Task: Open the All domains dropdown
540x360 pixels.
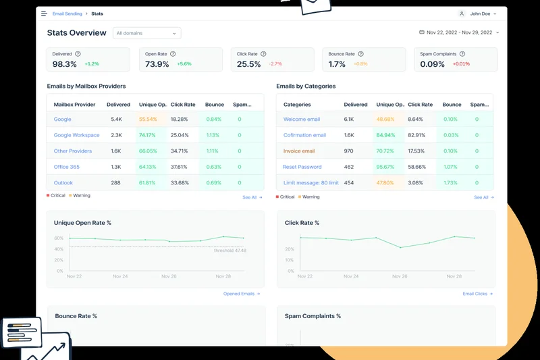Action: [146, 33]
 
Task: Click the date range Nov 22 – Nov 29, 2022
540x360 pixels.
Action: [459, 32]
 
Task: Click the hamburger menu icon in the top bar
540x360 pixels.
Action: [45, 14]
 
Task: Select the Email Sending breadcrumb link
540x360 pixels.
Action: [67, 14]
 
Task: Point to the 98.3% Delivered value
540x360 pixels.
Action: [65, 64]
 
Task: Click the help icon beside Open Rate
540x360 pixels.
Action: [173, 54]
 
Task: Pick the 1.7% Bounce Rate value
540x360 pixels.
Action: [337, 64]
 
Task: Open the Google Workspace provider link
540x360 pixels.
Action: [76, 135]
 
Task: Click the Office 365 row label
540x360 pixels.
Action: [66, 167]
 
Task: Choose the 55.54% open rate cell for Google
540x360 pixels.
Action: [148, 120]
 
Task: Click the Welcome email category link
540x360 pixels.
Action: [301, 120]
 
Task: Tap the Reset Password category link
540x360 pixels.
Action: [302, 167]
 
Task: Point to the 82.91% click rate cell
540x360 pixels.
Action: [416, 135]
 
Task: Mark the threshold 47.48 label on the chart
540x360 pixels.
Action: [230, 251]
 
